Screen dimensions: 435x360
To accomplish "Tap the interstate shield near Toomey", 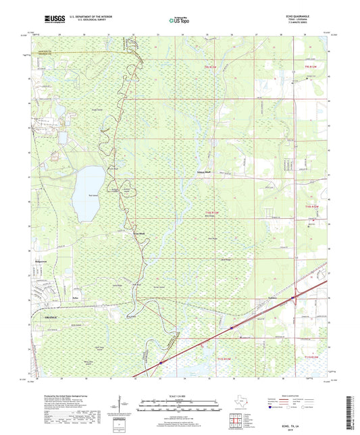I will click(x=292, y=296).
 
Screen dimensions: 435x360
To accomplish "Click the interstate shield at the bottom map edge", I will click(x=160, y=363).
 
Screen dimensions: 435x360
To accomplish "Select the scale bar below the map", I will click(x=179, y=407).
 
